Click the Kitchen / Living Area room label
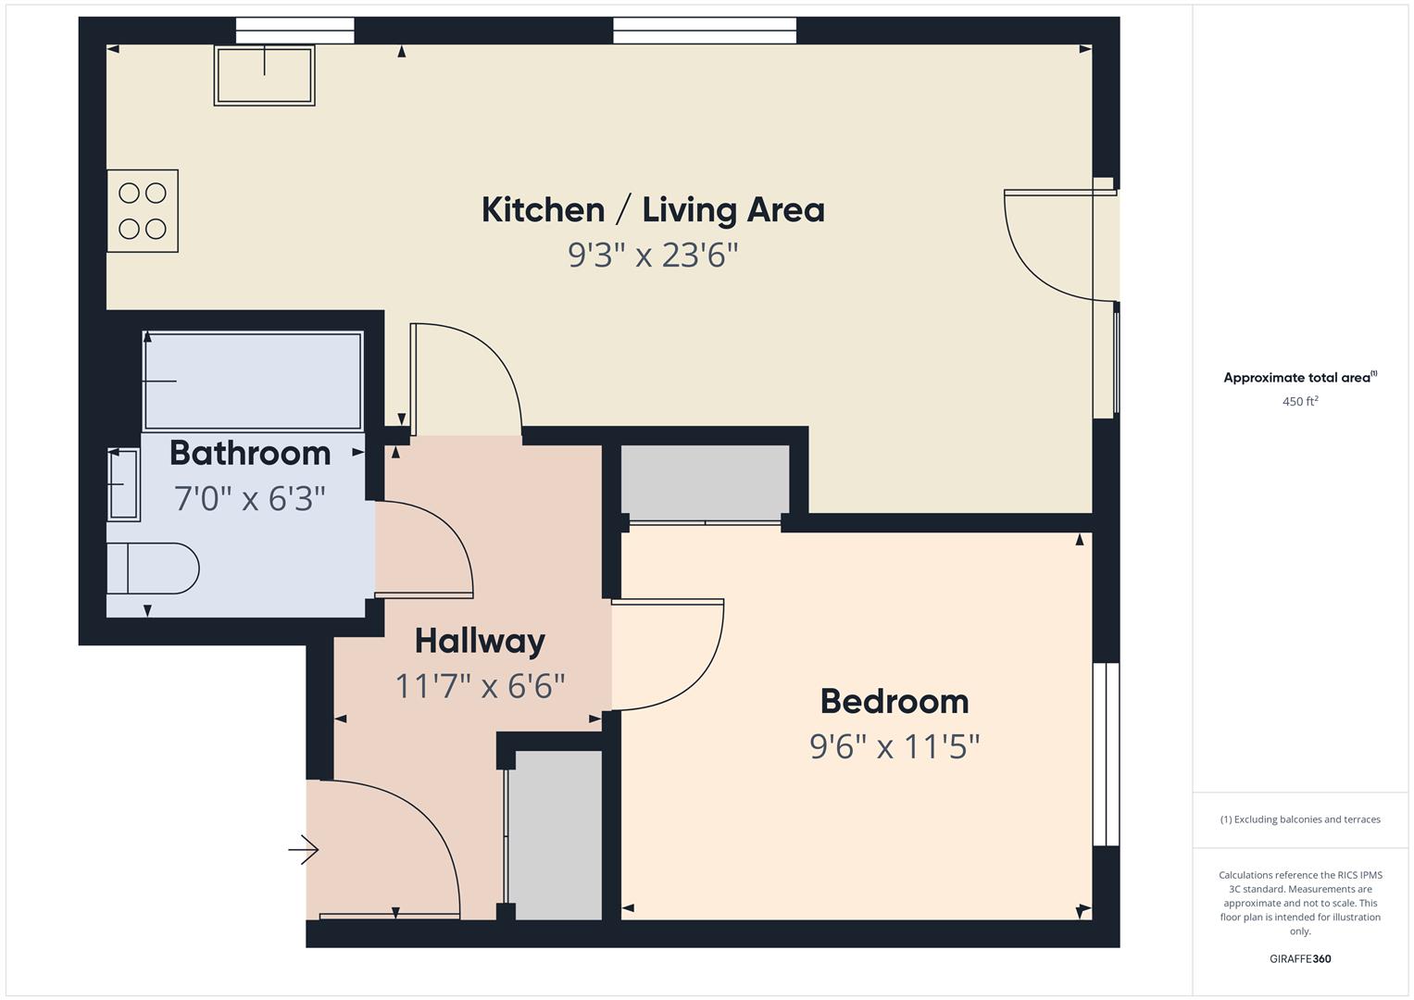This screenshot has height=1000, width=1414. click(x=653, y=210)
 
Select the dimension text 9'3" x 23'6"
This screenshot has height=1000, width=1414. click(x=653, y=255)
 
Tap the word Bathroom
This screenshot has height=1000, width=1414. click(x=250, y=453)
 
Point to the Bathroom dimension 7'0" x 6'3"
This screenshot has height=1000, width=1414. click(x=250, y=499)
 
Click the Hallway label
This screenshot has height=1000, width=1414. click(x=480, y=641)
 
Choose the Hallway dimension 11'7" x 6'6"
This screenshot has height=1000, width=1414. click(x=480, y=686)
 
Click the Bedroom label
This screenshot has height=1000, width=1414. click(x=895, y=701)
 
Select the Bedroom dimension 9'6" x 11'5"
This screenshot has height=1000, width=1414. click(x=895, y=745)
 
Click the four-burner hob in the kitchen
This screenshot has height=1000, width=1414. click(x=143, y=211)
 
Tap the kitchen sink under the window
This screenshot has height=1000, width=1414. click(x=265, y=75)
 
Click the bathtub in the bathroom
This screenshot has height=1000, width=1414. click(x=252, y=381)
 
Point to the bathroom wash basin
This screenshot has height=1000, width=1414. click(x=123, y=483)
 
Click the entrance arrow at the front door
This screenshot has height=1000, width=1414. click(x=304, y=849)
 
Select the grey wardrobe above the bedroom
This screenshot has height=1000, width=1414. click(x=705, y=482)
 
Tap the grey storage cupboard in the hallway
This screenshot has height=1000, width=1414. click(x=557, y=834)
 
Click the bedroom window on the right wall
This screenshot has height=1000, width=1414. click(x=1106, y=754)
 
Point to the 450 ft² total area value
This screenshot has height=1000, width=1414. click(x=1300, y=402)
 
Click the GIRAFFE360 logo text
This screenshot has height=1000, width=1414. click(x=1300, y=958)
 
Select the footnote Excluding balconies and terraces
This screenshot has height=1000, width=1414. click(x=1300, y=819)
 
